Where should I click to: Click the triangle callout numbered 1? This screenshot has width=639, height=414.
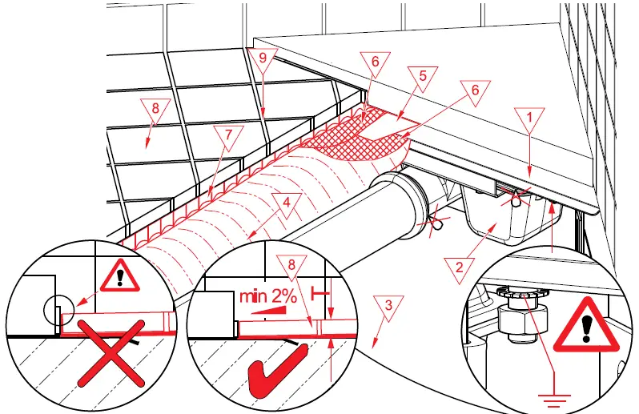(529, 119)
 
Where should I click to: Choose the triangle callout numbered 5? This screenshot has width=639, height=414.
(424, 78)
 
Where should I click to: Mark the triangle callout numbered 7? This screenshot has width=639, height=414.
(228, 136)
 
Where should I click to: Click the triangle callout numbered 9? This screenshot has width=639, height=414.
(260, 58)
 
